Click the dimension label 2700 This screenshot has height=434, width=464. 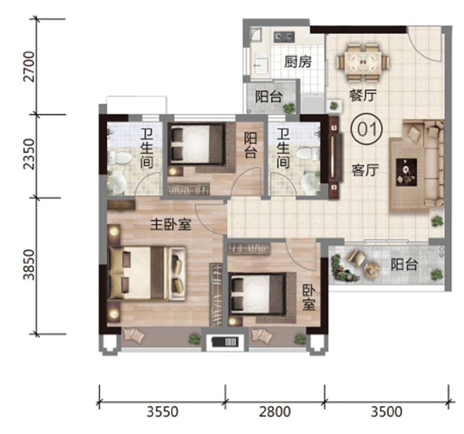coord(29,66)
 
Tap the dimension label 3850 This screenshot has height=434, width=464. coord(29,265)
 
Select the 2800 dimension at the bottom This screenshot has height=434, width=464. coord(275,412)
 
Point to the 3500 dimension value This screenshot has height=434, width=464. coord(386,412)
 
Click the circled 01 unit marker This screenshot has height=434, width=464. coord(367,130)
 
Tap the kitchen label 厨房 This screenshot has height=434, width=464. coord(298,62)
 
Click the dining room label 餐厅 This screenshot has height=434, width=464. coord(363,96)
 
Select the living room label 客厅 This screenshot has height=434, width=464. coord(365,170)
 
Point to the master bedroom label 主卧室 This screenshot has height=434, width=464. coord(171,225)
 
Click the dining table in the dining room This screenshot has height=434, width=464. coord(363,62)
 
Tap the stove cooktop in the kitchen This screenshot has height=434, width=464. coord(284,37)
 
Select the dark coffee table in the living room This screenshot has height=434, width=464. coord(407,172)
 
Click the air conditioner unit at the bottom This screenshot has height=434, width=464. coord(225,342)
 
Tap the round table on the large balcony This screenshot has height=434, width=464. coord(371,269)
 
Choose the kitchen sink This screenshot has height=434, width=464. coord(261,63)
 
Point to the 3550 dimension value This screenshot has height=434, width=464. coord(163,412)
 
